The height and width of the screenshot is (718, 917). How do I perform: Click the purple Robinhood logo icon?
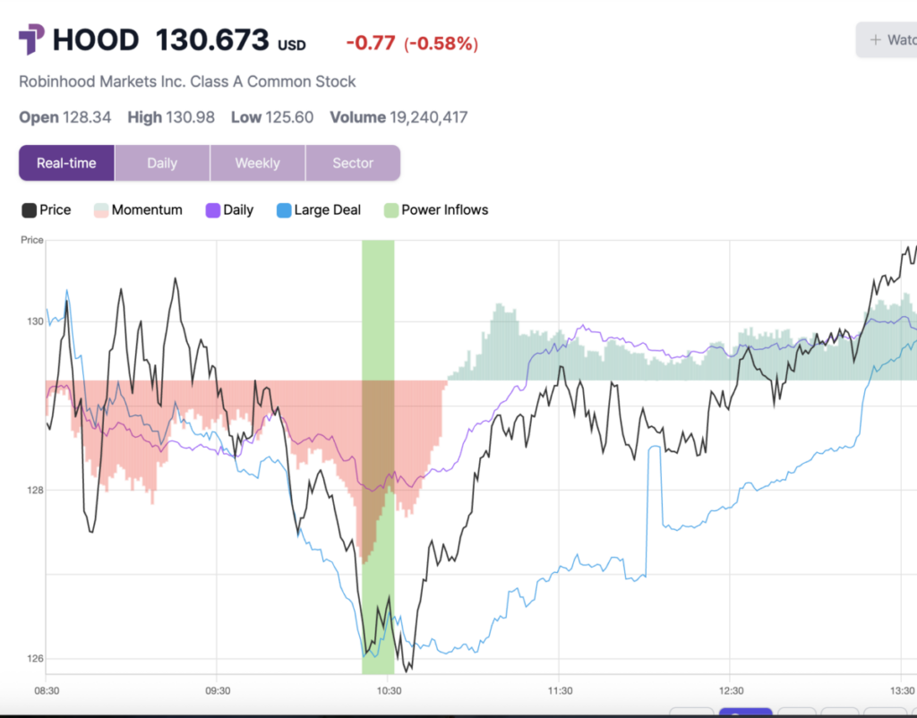[x=31, y=40]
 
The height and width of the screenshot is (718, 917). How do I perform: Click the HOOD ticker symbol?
[x=96, y=40]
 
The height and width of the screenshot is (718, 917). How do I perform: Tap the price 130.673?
[x=212, y=40]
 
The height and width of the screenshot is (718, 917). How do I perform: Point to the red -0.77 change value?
[x=370, y=43]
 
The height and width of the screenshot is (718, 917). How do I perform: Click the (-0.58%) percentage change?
[x=441, y=43]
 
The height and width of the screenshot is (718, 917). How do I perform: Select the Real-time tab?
[x=66, y=163]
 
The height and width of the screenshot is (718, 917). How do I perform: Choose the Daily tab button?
[x=162, y=163]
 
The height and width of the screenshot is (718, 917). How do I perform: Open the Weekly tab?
[x=257, y=163]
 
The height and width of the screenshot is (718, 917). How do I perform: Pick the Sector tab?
[x=353, y=163]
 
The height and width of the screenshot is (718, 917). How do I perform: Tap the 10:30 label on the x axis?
[x=388, y=691]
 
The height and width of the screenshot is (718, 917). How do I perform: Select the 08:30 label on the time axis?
[x=47, y=691]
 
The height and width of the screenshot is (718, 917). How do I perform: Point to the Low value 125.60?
[x=289, y=117]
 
